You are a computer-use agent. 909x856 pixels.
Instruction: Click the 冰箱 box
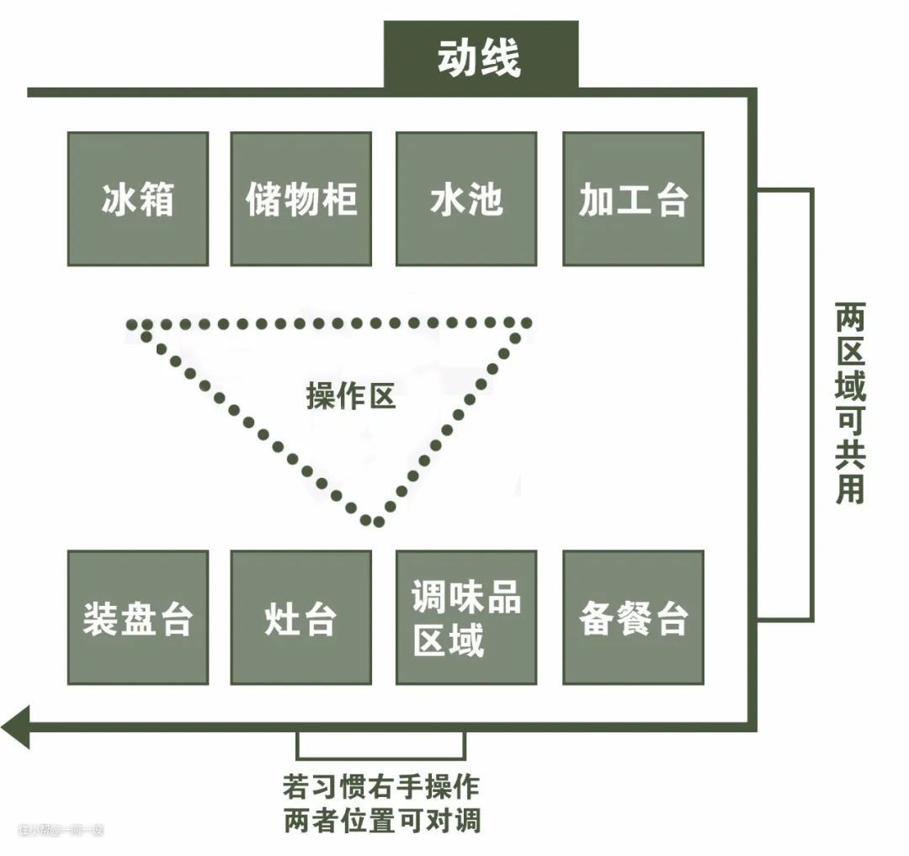click(137, 199)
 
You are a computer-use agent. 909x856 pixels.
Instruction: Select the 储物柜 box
click(300, 199)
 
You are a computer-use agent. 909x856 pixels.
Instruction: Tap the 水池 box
click(465, 199)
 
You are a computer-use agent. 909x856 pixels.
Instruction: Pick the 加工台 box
click(633, 199)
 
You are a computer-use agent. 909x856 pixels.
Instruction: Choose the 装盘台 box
click(137, 618)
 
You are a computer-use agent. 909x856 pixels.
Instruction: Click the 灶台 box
click(300, 618)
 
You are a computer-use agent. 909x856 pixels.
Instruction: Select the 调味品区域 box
click(465, 618)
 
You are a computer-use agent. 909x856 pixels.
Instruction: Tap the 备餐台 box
click(633, 618)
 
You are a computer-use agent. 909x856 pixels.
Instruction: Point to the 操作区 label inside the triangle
click(350, 396)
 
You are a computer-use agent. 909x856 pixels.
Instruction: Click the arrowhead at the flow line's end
click(15, 726)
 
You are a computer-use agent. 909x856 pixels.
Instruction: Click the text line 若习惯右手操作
click(380, 787)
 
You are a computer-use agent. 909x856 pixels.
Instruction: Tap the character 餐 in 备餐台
click(633, 619)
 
